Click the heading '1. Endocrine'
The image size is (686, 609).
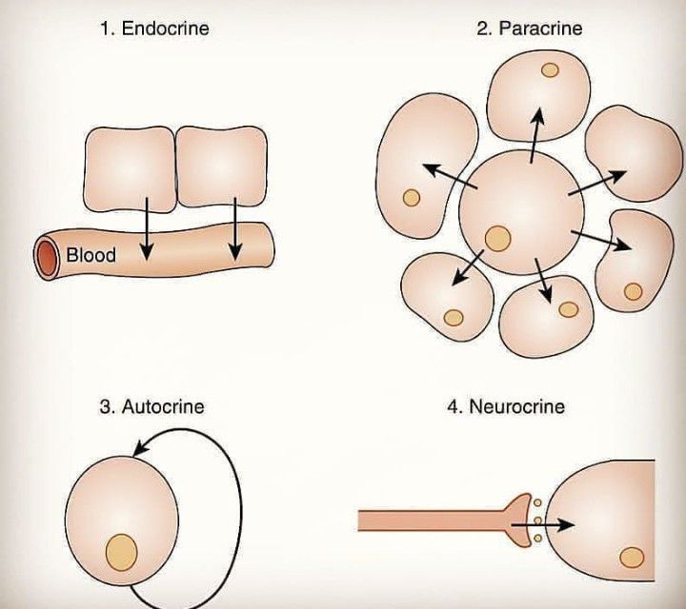[x=154, y=29]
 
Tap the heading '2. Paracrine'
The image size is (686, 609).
[x=529, y=29]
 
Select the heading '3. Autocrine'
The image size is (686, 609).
[x=151, y=407]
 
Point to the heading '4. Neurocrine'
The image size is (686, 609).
[x=506, y=407]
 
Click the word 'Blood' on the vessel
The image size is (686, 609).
[x=91, y=255]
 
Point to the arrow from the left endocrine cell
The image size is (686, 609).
[x=146, y=228]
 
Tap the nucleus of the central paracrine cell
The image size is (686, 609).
[x=495, y=237]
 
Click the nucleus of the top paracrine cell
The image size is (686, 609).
[x=549, y=70]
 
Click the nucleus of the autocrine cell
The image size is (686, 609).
[x=121, y=551]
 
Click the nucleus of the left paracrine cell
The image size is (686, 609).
[x=412, y=197]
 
